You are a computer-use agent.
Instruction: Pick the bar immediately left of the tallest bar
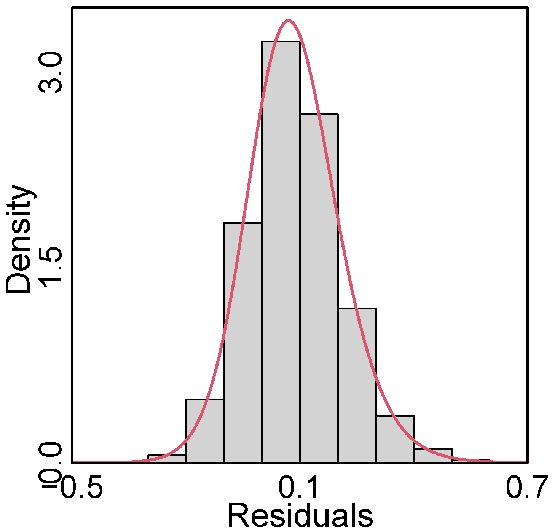[243, 343]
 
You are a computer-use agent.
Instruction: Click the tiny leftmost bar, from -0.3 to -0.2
[167, 459]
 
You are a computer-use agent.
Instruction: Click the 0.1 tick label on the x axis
[299, 489]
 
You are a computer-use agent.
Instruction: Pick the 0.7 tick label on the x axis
[527, 489]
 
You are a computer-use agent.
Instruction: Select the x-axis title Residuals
[300, 516]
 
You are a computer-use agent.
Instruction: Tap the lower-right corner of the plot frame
[528, 462]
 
